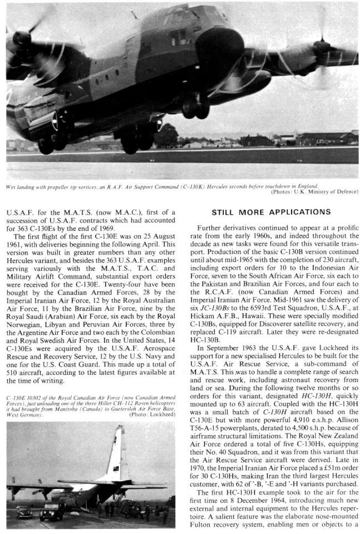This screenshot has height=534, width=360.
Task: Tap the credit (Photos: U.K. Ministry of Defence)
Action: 314,192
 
